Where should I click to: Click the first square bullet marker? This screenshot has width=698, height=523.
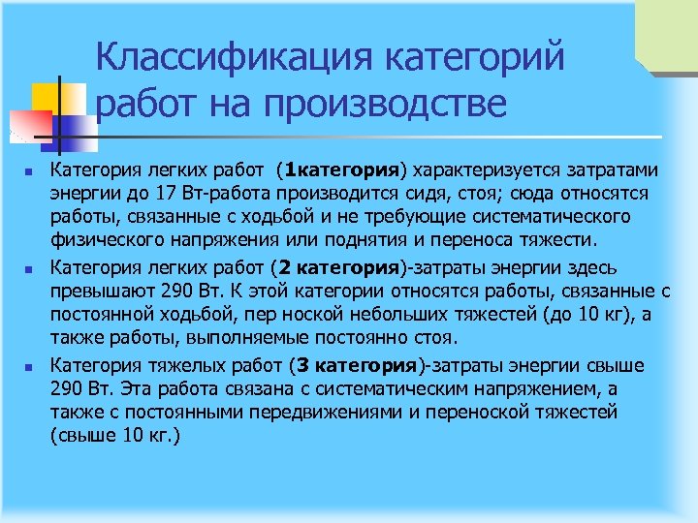click(x=31, y=172)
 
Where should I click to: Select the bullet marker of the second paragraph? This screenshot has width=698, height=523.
click(x=31, y=268)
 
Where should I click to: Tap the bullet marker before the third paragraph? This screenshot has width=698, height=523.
click(x=31, y=366)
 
